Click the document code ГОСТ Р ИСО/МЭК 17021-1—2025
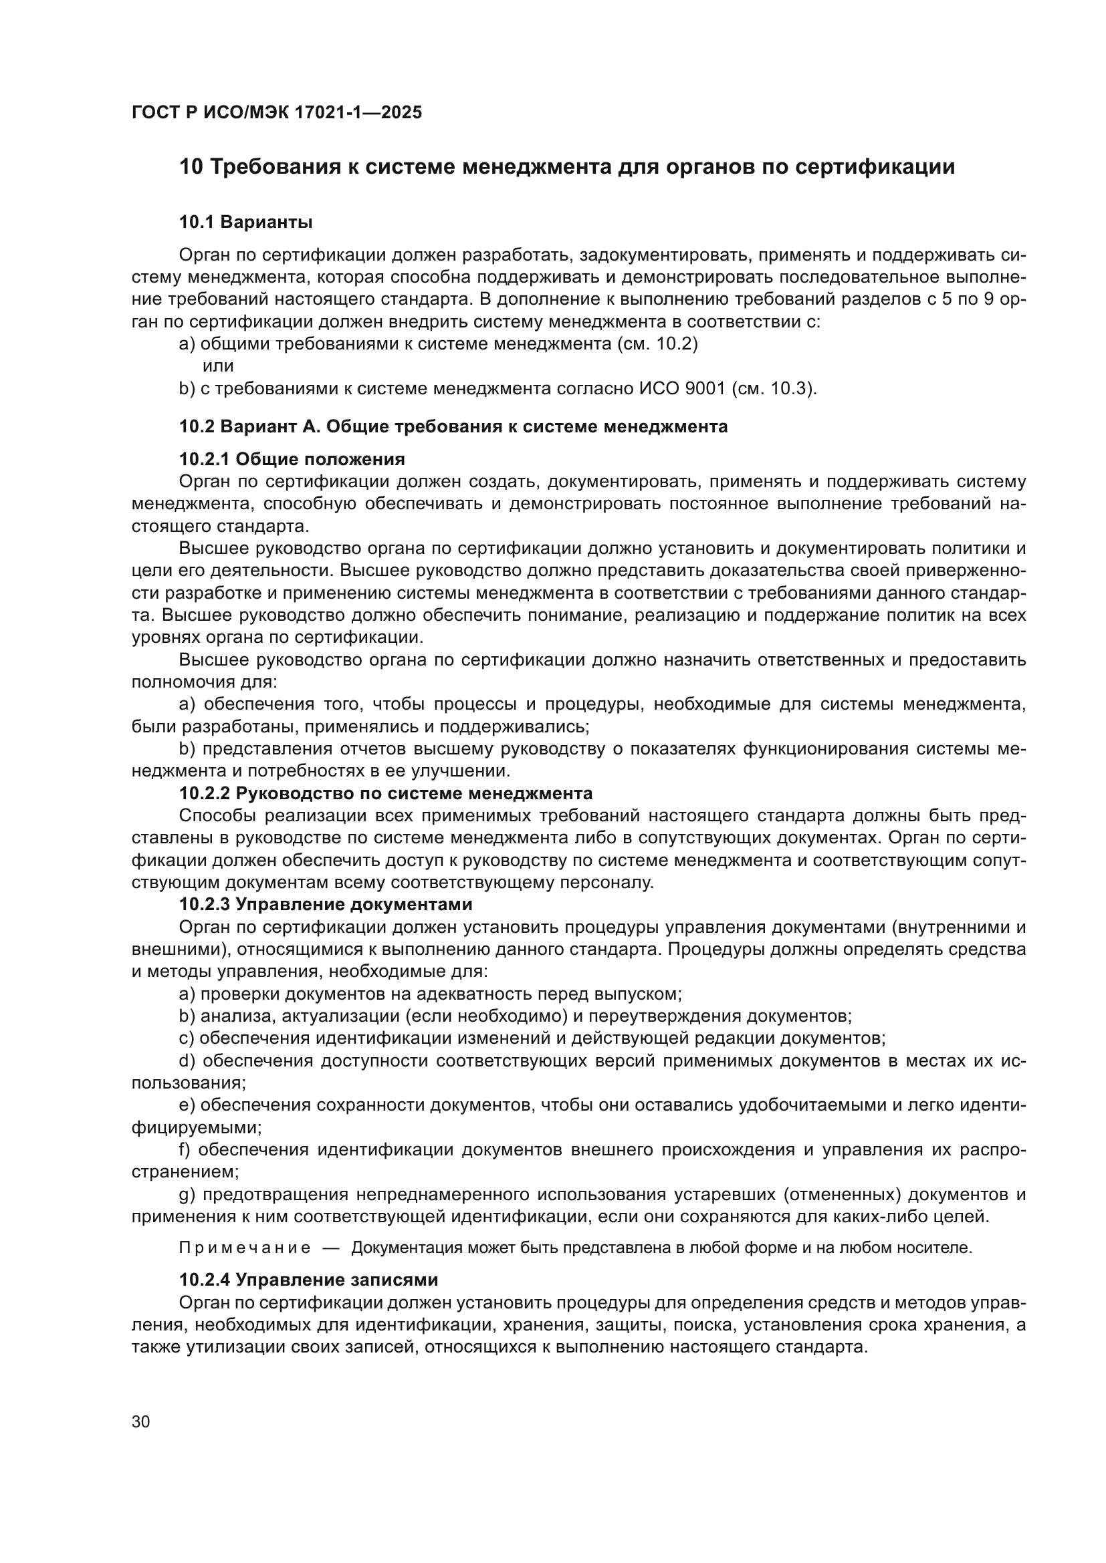tap(277, 112)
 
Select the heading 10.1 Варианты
tap(246, 222)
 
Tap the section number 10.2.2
tap(205, 793)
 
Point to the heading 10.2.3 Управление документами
tap(326, 904)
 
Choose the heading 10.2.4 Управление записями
tap(308, 1279)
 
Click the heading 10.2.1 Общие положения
tap(292, 458)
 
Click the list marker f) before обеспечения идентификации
tap(185, 1149)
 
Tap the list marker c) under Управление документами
tap(187, 1038)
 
